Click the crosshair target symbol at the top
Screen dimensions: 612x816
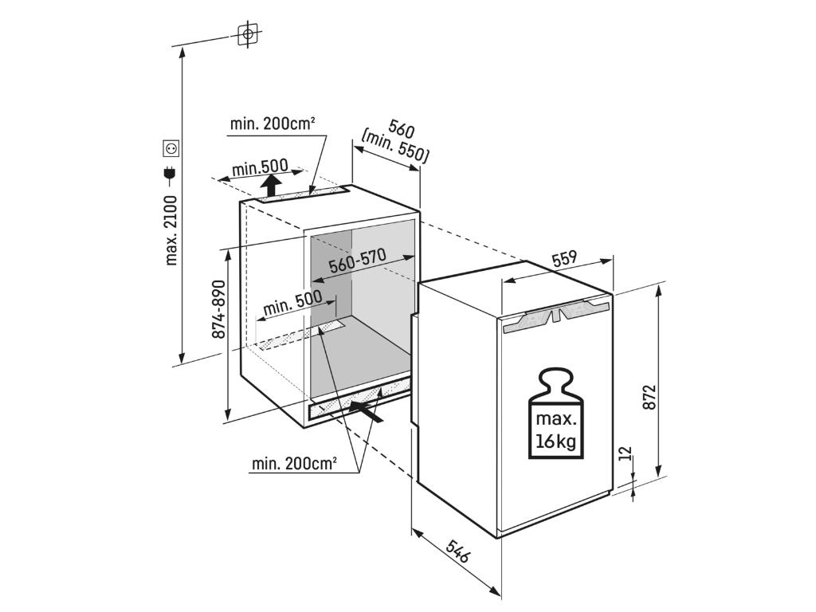pyautogui.click(x=249, y=34)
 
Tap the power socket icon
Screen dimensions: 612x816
pyautogui.click(x=170, y=147)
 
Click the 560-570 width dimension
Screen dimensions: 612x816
pyautogui.click(x=357, y=262)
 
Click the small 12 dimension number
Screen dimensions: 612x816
pyautogui.click(x=625, y=454)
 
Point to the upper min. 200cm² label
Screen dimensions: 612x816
pyautogui.click(x=273, y=124)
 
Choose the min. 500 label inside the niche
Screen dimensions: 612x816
pyautogui.click(x=292, y=304)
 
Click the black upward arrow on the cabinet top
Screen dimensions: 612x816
pyautogui.click(x=273, y=186)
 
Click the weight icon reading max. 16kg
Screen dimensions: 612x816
pyautogui.click(x=555, y=414)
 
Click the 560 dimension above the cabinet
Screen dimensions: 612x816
pyautogui.click(x=401, y=128)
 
